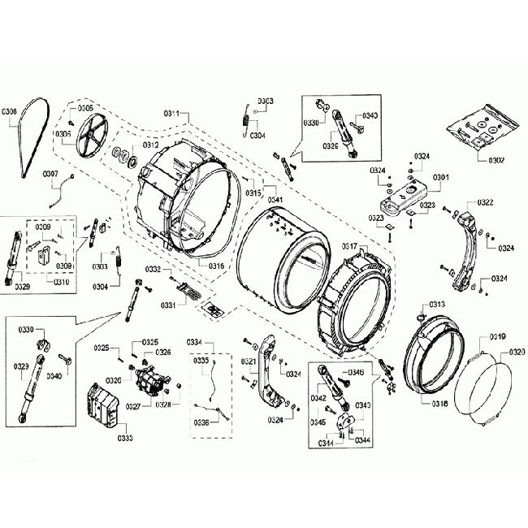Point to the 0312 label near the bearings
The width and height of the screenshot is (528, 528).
(151, 145)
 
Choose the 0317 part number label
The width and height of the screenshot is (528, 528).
(349, 246)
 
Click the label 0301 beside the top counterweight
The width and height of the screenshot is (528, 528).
(440, 177)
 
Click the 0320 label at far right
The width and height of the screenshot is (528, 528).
(517, 352)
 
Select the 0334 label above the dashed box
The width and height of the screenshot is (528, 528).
(194, 342)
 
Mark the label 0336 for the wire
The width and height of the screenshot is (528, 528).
(201, 422)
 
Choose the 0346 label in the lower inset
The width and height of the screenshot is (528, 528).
(356, 371)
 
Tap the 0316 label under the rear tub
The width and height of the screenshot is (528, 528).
(215, 266)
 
